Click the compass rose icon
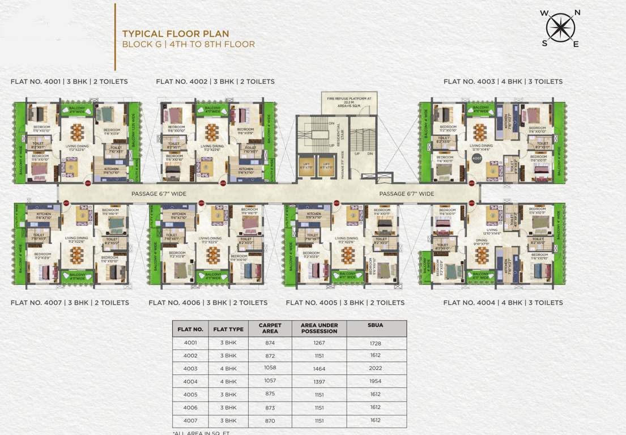coord(560,28)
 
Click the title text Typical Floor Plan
coord(176,34)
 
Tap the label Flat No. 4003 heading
coord(503,82)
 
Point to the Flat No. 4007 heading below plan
coord(70,302)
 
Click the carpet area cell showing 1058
coord(270,368)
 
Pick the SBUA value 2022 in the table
coord(375,368)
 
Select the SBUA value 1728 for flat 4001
coord(375,343)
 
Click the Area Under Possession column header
coord(319,329)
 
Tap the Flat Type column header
coord(228,329)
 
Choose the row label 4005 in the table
coord(190,394)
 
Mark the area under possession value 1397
coord(319,381)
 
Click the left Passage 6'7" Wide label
coord(159,194)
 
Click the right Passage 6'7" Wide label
coord(406,194)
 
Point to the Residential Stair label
coord(338,135)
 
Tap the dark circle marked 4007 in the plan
coord(476,159)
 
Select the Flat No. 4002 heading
coord(215,82)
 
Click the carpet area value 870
coord(270,420)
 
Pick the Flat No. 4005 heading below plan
coord(345,302)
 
